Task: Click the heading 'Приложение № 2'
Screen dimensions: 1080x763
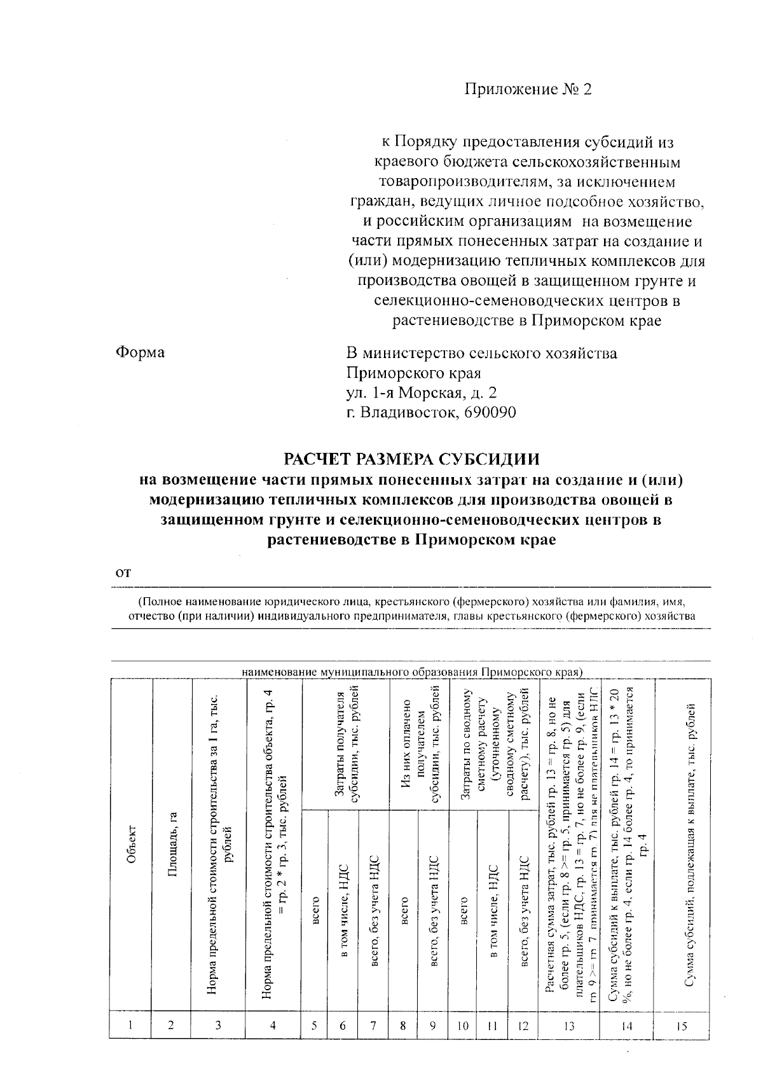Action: pos(528,90)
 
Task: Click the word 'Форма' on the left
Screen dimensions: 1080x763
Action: pos(140,352)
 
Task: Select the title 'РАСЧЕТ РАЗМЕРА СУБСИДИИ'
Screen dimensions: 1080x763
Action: pos(411,459)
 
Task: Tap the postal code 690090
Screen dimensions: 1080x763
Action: pos(490,412)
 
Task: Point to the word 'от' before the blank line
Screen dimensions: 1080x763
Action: pos(123,572)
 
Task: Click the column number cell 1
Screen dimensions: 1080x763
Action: pos(130,1025)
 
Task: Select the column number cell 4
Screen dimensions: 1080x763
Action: pos(273,1025)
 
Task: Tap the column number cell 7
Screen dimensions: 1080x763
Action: pos(374,1025)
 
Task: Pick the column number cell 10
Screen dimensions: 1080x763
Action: pos(463,1025)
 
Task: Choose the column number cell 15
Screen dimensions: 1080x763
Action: pos(682,1025)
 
